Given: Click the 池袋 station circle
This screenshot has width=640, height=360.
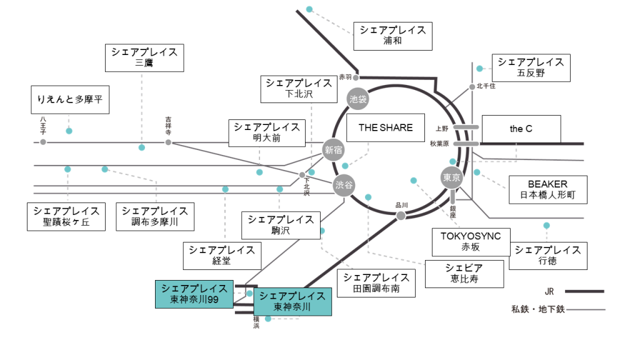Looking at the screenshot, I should pyautogui.click(x=358, y=98).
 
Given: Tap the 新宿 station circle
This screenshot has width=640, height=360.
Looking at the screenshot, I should pyautogui.click(x=334, y=149).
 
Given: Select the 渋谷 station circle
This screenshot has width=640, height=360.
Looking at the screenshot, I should pyautogui.click(x=343, y=185).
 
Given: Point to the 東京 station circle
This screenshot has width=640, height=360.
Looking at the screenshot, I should pyautogui.click(x=451, y=177).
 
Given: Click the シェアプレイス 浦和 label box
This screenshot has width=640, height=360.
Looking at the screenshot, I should pyautogui.click(x=392, y=36).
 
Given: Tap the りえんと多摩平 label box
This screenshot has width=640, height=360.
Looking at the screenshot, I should pyautogui.click(x=70, y=99).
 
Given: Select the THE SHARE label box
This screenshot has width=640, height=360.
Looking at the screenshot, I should pyautogui.click(x=385, y=127).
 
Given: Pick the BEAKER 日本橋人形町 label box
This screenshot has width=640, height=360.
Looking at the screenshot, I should pyautogui.click(x=547, y=190).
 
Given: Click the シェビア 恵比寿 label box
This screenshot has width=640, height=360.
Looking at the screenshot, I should pyautogui.click(x=464, y=273).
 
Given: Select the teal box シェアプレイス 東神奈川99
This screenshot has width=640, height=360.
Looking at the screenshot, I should pyautogui.click(x=194, y=294).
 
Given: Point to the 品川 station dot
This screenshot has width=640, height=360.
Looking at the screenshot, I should pyautogui.click(x=401, y=216).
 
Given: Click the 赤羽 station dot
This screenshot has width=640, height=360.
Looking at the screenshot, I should pyautogui.click(x=356, y=77).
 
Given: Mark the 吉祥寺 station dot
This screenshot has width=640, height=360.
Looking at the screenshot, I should pyautogui.click(x=168, y=142).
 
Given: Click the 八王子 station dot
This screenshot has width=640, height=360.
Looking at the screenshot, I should pyautogui.click(x=43, y=142).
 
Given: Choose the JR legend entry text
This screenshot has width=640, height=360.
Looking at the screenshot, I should pyautogui.click(x=549, y=291).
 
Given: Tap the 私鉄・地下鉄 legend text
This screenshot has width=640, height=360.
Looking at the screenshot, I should pyautogui.click(x=537, y=309).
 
